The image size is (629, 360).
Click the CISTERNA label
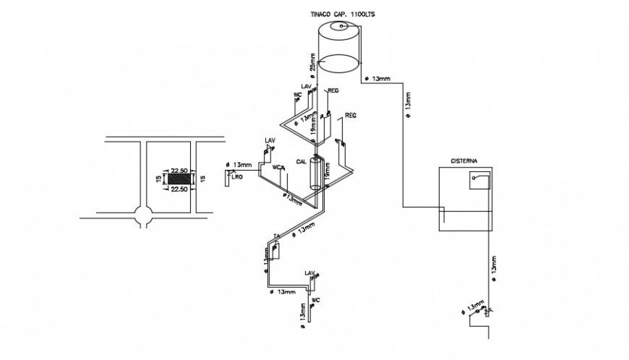click(463, 161)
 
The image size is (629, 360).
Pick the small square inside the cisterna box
click(479, 179)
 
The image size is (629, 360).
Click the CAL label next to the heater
click(301, 163)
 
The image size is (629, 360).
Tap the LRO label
click(236, 176)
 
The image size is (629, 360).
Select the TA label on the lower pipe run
click(276, 236)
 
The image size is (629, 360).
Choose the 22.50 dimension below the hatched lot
click(180, 189)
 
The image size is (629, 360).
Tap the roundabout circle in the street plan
click(143, 215)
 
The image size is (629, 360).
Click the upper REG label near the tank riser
click(333, 91)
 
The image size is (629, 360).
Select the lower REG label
click(351, 116)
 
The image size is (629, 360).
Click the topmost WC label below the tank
click(296, 95)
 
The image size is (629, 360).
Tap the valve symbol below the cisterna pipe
click(488, 310)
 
